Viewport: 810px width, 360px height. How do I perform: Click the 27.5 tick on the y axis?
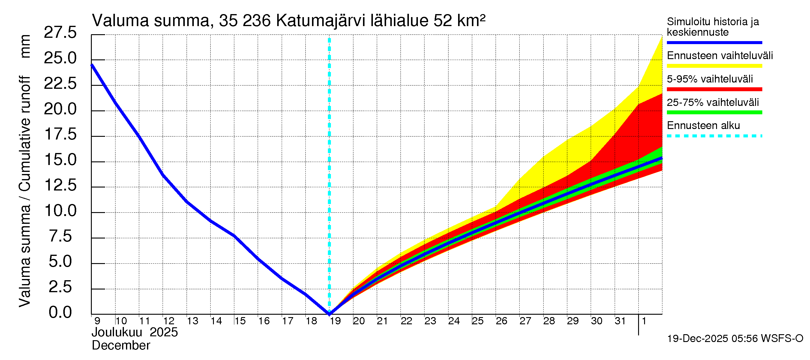[x=60, y=33]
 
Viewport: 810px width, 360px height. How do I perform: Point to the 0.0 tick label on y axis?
[x=60, y=313]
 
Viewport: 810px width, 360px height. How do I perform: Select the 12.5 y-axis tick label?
[x=60, y=185]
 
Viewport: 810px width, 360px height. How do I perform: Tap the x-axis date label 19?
[x=335, y=321]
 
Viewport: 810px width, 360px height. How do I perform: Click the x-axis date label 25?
[x=478, y=321]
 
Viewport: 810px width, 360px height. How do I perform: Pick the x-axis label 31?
[x=620, y=321]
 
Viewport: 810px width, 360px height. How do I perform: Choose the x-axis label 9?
[x=97, y=321]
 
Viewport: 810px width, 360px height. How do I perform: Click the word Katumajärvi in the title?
[x=320, y=21]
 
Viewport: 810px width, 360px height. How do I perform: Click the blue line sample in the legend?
[x=714, y=42]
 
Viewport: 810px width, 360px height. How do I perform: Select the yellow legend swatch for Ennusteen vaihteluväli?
[x=714, y=66]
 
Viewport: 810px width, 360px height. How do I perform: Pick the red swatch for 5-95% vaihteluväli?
[x=714, y=89]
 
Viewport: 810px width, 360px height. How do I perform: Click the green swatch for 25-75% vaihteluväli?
[x=714, y=112]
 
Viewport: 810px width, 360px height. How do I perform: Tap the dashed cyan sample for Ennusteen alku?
[x=714, y=136]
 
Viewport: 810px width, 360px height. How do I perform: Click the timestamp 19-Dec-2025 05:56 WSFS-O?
[x=735, y=339]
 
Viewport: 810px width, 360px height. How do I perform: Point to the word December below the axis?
[x=121, y=346]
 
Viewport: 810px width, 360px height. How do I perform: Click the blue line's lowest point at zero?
[x=329, y=313]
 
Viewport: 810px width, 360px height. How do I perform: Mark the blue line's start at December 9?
[x=92, y=65]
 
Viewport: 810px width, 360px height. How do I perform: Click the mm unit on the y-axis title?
[x=25, y=46]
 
